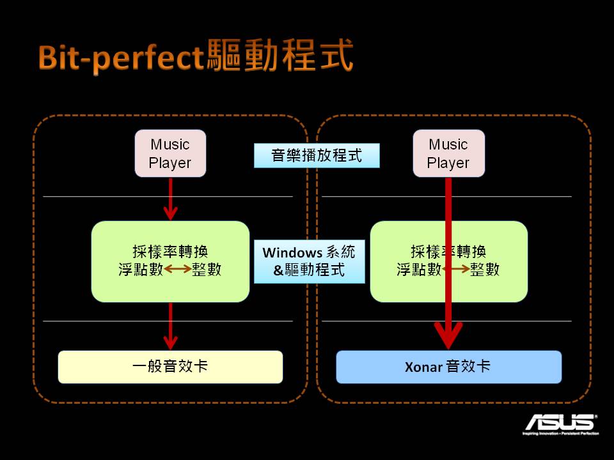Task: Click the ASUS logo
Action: (560, 423)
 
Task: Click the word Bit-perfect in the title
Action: (121, 59)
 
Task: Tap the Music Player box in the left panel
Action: (170, 153)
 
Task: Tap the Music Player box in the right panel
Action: (448, 153)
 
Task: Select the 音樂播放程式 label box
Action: (317, 155)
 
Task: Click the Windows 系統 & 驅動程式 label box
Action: (309, 261)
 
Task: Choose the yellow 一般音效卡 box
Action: (170, 367)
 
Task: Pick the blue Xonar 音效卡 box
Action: (448, 367)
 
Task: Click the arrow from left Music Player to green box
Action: (170, 199)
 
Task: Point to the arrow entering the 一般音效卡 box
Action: (170, 326)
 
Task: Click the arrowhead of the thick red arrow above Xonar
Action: (448, 335)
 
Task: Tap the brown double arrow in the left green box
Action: (178, 270)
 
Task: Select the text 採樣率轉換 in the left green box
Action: (170, 252)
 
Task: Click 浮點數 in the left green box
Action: (141, 270)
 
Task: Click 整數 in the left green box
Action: (207, 270)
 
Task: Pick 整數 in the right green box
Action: (485, 270)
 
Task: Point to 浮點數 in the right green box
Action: (419, 270)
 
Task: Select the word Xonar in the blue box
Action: (423, 367)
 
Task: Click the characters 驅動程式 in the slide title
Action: (279, 57)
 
